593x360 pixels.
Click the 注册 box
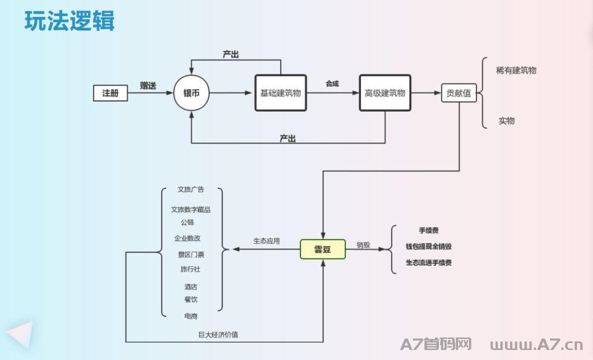pos(110,93)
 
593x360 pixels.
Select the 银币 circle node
pos(191,93)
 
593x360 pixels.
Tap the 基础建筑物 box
pos(280,93)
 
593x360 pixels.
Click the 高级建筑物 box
pos(385,93)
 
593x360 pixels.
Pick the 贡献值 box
pos(458,93)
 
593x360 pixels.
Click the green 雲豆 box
pos(322,249)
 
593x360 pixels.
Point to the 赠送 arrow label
pos(148,85)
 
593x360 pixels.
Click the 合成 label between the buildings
pos(332,83)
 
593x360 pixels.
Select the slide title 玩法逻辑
pos(69,20)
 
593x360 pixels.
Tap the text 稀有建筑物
pos(516,70)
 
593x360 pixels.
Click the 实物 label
pos(506,120)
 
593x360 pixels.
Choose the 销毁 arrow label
pos(363,245)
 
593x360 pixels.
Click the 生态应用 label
pos(266,241)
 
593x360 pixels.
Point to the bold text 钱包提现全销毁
pos(428,246)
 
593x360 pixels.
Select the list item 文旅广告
pos(191,189)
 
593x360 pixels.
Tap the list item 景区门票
pos(191,254)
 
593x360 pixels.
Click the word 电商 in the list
pos(191,316)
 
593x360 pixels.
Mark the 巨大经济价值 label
pos(218,334)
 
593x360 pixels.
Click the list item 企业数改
pos(187,238)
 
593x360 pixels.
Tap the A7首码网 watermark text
pos(436,344)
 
